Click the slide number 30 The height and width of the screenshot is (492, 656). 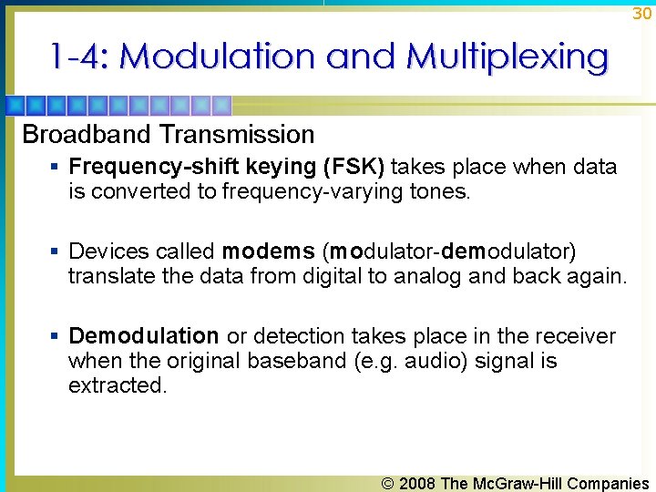[641, 14]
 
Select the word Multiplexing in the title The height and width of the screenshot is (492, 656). [507, 56]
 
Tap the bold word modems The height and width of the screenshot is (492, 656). [268, 251]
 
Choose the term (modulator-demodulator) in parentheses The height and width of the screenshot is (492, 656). [450, 251]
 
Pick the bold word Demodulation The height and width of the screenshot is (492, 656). [144, 336]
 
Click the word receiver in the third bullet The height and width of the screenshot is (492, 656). [579, 336]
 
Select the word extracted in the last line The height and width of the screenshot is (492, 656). [118, 385]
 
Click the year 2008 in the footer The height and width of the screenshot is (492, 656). [417, 484]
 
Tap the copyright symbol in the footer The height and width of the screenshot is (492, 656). [388, 484]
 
